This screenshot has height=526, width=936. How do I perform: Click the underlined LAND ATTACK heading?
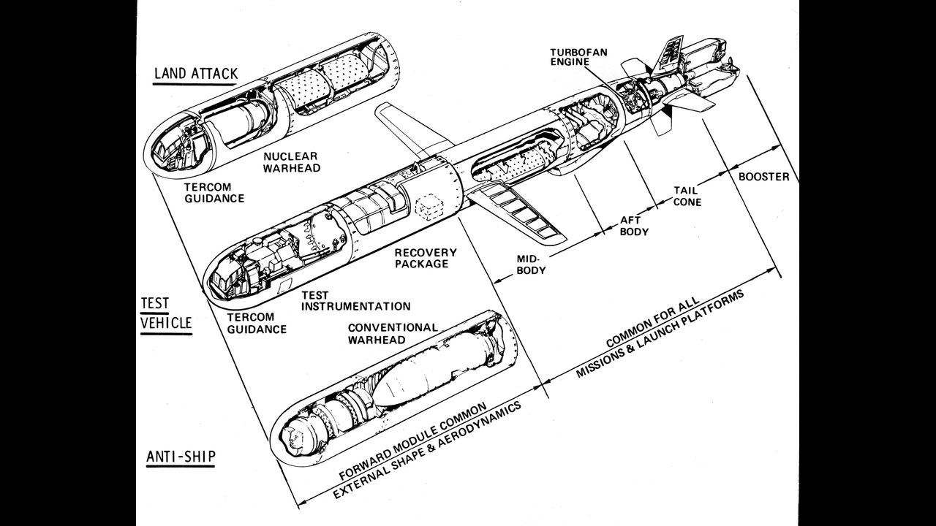[195, 75]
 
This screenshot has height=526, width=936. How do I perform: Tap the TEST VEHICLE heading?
[166, 313]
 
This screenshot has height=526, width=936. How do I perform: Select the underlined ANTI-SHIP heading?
[180, 457]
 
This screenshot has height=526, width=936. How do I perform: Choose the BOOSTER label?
[763, 177]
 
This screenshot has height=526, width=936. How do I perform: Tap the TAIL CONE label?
[687, 196]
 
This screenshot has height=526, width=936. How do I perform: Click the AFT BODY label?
[635, 226]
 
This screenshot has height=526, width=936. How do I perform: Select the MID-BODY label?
[532, 264]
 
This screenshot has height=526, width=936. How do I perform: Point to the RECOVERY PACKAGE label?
[426, 258]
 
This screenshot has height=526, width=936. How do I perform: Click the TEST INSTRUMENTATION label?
[355, 300]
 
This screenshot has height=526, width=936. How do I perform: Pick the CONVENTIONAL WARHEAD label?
[393, 333]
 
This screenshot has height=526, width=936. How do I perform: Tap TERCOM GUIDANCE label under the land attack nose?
[214, 193]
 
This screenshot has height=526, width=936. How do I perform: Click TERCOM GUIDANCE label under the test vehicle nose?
[257, 323]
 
